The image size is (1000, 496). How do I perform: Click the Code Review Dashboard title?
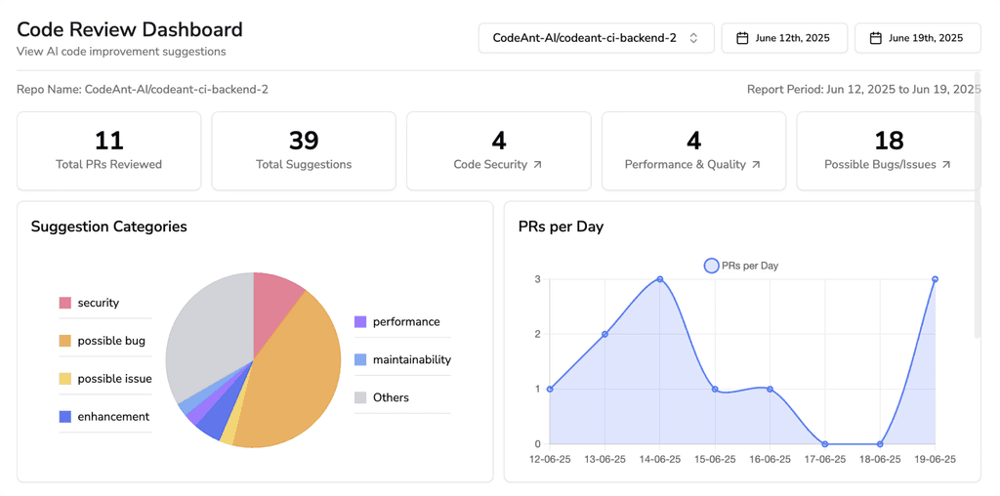(130, 30)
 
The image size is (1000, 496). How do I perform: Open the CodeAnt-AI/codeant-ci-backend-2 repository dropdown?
(595, 38)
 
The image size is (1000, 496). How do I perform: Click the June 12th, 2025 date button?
(783, 38)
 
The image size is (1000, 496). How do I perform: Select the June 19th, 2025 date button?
(917, 38)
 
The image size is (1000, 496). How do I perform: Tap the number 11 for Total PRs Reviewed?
(108, 141)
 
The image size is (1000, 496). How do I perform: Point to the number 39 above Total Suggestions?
(304, 141)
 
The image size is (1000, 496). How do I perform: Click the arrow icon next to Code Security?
(537, 165)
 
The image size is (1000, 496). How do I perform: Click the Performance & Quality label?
(685, 165)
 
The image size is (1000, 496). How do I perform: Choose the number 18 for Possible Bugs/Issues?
(889, 141)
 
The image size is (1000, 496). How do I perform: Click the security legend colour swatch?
(65, 303)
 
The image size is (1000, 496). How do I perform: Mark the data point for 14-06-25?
(660, 279)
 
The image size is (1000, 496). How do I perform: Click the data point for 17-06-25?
(825, 444)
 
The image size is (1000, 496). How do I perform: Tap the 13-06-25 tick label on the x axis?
(605, 459)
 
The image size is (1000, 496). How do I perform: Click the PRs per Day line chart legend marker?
(711, 266)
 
